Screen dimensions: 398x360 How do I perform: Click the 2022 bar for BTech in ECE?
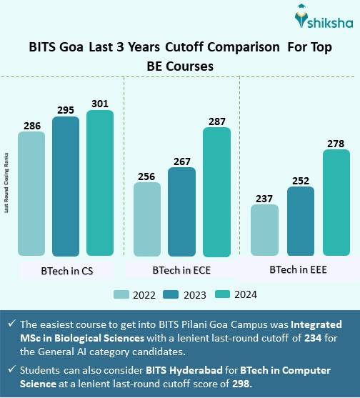click(147, 219)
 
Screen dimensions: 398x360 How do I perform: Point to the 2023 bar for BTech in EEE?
click(301, 221)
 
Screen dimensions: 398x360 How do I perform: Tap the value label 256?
click(147, 175)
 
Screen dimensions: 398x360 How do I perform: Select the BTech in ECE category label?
click(181, 271)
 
